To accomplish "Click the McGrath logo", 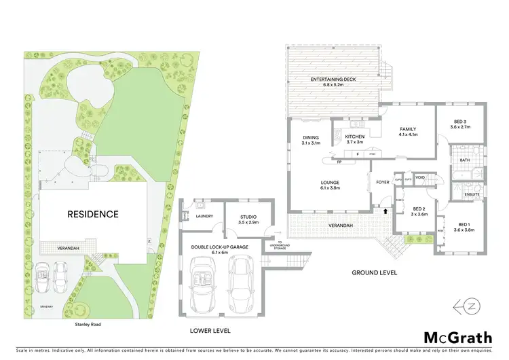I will [455, 337].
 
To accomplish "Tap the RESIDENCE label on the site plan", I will [92, 214].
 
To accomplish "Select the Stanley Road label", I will [87, 306].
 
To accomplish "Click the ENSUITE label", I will [472, 194].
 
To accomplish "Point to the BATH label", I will [464, 160].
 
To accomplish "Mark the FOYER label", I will [383, 181].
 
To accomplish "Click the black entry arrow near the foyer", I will [386, 211].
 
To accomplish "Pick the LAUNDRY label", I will [204, 216].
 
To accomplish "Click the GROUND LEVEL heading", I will [374, 272].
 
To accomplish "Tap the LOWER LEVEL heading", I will [210, 330].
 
